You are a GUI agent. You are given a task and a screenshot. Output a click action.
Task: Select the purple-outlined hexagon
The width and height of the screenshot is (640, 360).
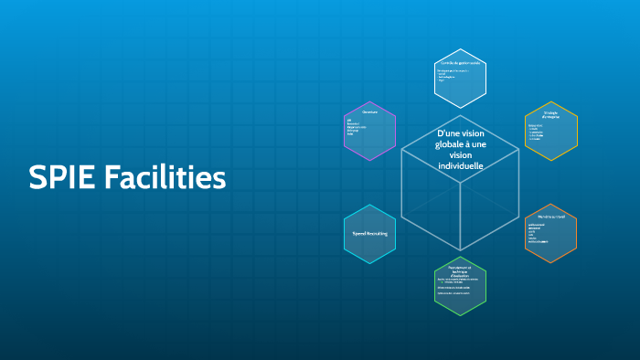[x=370, y=131]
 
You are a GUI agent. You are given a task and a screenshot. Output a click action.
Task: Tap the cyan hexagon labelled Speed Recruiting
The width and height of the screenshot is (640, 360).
[x=370, y=235]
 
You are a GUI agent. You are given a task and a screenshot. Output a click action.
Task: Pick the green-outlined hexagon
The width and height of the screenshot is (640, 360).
[x=460, y=287]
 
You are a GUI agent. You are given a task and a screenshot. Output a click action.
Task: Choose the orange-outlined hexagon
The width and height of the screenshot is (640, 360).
[x=550, y=234]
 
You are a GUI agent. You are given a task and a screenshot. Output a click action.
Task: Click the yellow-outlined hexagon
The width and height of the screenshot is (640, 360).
[x=550, y=131]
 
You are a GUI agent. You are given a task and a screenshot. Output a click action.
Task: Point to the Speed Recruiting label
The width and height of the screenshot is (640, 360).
[x=370, y=235]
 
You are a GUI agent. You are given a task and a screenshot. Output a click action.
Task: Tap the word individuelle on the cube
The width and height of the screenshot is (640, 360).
[x=461, y=166]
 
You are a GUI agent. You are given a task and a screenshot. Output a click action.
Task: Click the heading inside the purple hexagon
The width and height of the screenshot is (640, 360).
[x=369, y=111]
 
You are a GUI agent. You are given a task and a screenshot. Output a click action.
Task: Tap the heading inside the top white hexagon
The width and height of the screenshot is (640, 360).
[x=460, y=63]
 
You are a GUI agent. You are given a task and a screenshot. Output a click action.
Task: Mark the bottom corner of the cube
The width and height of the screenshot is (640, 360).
[x=461, y=250]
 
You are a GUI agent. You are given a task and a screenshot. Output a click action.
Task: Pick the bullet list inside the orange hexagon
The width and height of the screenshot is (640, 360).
[x=539, y=233]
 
